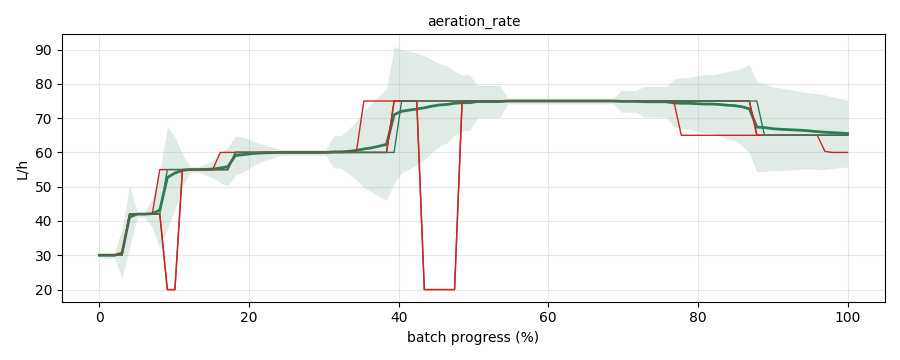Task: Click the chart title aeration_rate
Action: (474, 22)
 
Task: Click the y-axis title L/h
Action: (22, 169)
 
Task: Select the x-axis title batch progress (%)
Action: (473, 337)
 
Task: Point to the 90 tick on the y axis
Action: (44, 51)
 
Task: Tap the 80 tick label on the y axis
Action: (44, 84)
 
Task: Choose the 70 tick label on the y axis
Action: (44, 119)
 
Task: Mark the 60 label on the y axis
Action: (44, 153)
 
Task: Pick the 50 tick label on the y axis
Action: (44, 187)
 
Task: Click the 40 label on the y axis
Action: (44, 222)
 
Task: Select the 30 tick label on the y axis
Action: (44, 256)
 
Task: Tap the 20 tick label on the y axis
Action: (44, 290)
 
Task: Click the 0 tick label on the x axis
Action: (99, 317)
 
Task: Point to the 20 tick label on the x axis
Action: (249, 317)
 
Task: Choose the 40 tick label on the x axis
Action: (399, 317)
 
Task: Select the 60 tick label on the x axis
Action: (549, 317)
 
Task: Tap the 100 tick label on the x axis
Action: (848, 317)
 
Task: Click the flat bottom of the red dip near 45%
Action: (439, 289)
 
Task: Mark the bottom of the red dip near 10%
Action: (170, 289)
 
